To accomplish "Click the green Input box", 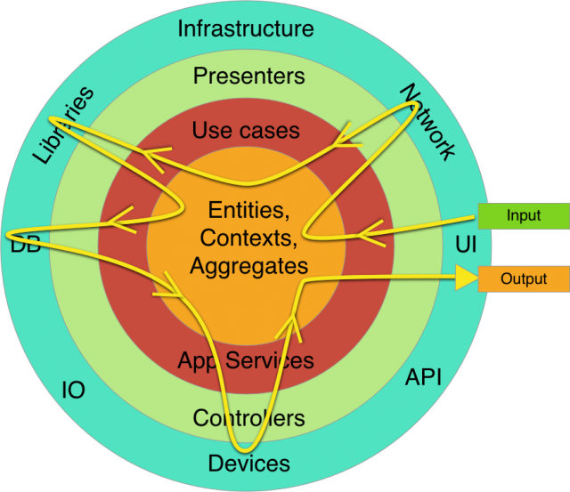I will [523, 215].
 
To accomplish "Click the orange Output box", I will [524, 278].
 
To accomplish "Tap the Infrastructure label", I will [246, 28].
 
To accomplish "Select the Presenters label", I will [248, 76].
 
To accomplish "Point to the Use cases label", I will [246, 131].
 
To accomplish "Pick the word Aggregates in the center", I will [248, 265].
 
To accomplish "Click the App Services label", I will [246, 360].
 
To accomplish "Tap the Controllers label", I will [248, 417].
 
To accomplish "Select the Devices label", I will [248, 463].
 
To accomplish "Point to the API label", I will [424, 376].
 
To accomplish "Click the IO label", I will [73, 390].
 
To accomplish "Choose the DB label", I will [23, 244].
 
